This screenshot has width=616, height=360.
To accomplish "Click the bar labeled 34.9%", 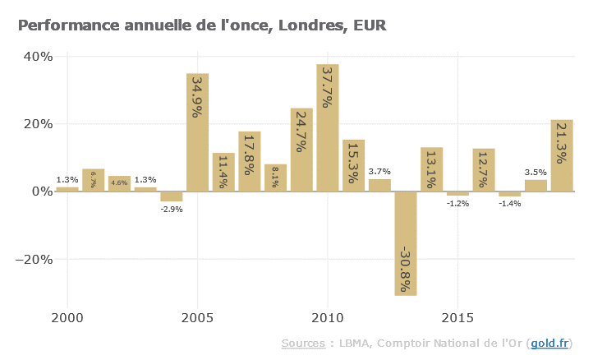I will pos(197,132).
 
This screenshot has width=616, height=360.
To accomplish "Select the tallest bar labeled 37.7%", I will pos(328,127).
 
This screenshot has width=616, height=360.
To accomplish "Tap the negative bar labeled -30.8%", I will pos(406,243).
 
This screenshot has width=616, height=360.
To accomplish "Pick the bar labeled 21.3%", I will pos(562,155).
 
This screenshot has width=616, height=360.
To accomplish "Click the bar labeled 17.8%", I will pos(250,161).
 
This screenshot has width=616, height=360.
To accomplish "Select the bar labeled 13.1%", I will pos(432,169).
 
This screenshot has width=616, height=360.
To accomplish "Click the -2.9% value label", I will pos(172,210).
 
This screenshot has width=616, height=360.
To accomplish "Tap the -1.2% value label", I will pos(457,203).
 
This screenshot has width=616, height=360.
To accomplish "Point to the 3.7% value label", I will pos(379,172).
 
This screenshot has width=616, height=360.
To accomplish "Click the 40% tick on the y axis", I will pos(38,57).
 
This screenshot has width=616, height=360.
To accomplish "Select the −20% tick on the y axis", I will pos(35,259).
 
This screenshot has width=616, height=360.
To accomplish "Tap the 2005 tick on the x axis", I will pos(197,317).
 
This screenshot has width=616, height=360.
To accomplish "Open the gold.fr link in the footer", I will pos(549,343).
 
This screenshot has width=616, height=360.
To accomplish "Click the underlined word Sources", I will pos(303,343).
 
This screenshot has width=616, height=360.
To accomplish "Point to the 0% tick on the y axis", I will pos(41,192).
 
